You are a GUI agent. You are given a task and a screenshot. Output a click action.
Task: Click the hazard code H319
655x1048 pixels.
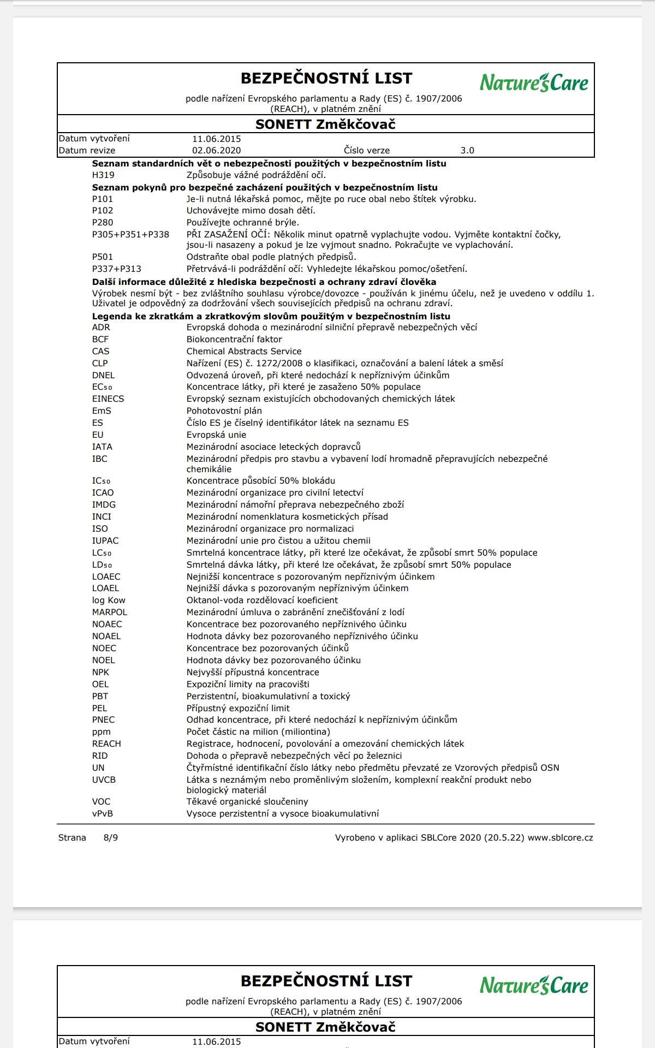coord(103,175)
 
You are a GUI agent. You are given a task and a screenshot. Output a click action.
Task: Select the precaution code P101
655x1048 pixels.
coord(103,199)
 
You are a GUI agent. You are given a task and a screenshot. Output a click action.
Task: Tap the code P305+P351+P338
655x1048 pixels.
coord(130,235)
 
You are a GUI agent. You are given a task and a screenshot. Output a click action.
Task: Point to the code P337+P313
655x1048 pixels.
coord(116,269)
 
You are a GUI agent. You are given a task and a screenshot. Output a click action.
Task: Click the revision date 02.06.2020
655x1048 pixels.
coord(216,151)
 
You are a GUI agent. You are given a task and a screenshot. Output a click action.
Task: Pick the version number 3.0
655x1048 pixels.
coord(467,151)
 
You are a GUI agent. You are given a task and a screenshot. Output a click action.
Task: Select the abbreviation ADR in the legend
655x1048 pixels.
coord(101,327)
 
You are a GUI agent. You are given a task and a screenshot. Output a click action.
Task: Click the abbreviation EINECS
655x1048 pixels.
coord(108,399)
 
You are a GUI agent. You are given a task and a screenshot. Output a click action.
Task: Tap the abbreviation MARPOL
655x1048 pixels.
coord(110,612)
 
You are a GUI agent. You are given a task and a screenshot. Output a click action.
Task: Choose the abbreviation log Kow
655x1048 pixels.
coord(109,600)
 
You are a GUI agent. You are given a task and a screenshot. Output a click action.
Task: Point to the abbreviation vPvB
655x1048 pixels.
coord(103,814)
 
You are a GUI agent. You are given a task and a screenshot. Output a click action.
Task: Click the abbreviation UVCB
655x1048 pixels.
coord(104,780)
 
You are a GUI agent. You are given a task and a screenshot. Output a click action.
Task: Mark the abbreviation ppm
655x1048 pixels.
coord(101,732)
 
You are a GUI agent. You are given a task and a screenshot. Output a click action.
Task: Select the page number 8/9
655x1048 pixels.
coord(111,838)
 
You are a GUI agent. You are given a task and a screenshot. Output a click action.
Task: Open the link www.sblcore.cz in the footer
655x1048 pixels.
coord(560,838)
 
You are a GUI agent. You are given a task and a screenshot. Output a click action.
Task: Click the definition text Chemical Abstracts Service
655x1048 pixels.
coord(244,352)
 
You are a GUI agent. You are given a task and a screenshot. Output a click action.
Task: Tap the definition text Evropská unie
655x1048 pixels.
coord(216,435)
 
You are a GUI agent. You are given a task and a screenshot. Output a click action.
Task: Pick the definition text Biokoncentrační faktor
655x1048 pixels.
coord(234,340)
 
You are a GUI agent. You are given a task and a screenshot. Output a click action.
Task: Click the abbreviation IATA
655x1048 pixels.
coord(102,447)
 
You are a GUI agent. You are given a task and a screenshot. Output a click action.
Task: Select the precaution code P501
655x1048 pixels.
coord(103,257)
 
